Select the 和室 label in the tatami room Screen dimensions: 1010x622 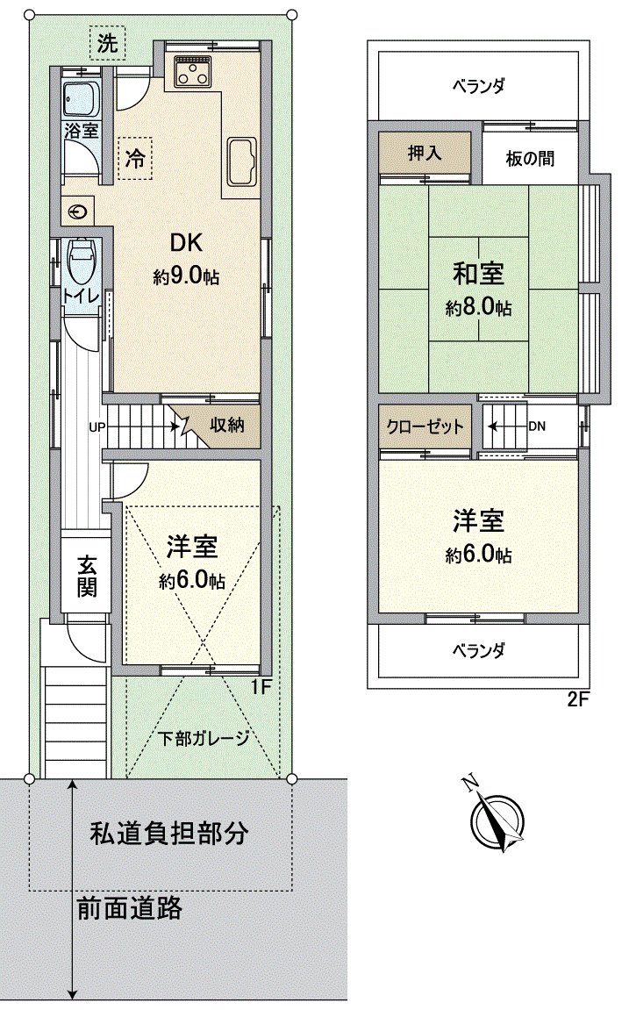[478, 274]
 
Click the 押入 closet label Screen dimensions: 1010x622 [425, 154]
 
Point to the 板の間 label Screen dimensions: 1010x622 [529, 160]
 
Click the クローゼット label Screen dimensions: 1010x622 [424, 426]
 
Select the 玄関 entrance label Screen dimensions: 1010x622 [85, 575]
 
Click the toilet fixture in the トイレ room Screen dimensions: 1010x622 [80, 260]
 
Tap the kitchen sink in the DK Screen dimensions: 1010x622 [240, 159]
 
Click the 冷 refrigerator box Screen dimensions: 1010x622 [135, 160]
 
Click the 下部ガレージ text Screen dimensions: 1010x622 [204, 737]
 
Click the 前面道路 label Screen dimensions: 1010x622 [129, 907]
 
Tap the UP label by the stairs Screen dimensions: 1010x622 [96, 428]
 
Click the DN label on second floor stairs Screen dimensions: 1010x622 [537, 426]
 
